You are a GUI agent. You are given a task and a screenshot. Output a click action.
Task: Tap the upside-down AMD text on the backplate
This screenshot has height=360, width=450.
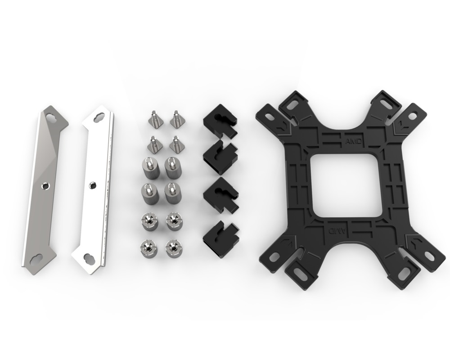pyautogui.click(x=336, y=231)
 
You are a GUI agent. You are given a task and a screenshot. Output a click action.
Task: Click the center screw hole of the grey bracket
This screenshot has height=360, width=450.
pyautogui.click(x=44, y=186)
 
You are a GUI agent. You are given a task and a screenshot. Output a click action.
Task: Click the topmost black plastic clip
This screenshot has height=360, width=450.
pyautogui.click(x=220, y=120)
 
